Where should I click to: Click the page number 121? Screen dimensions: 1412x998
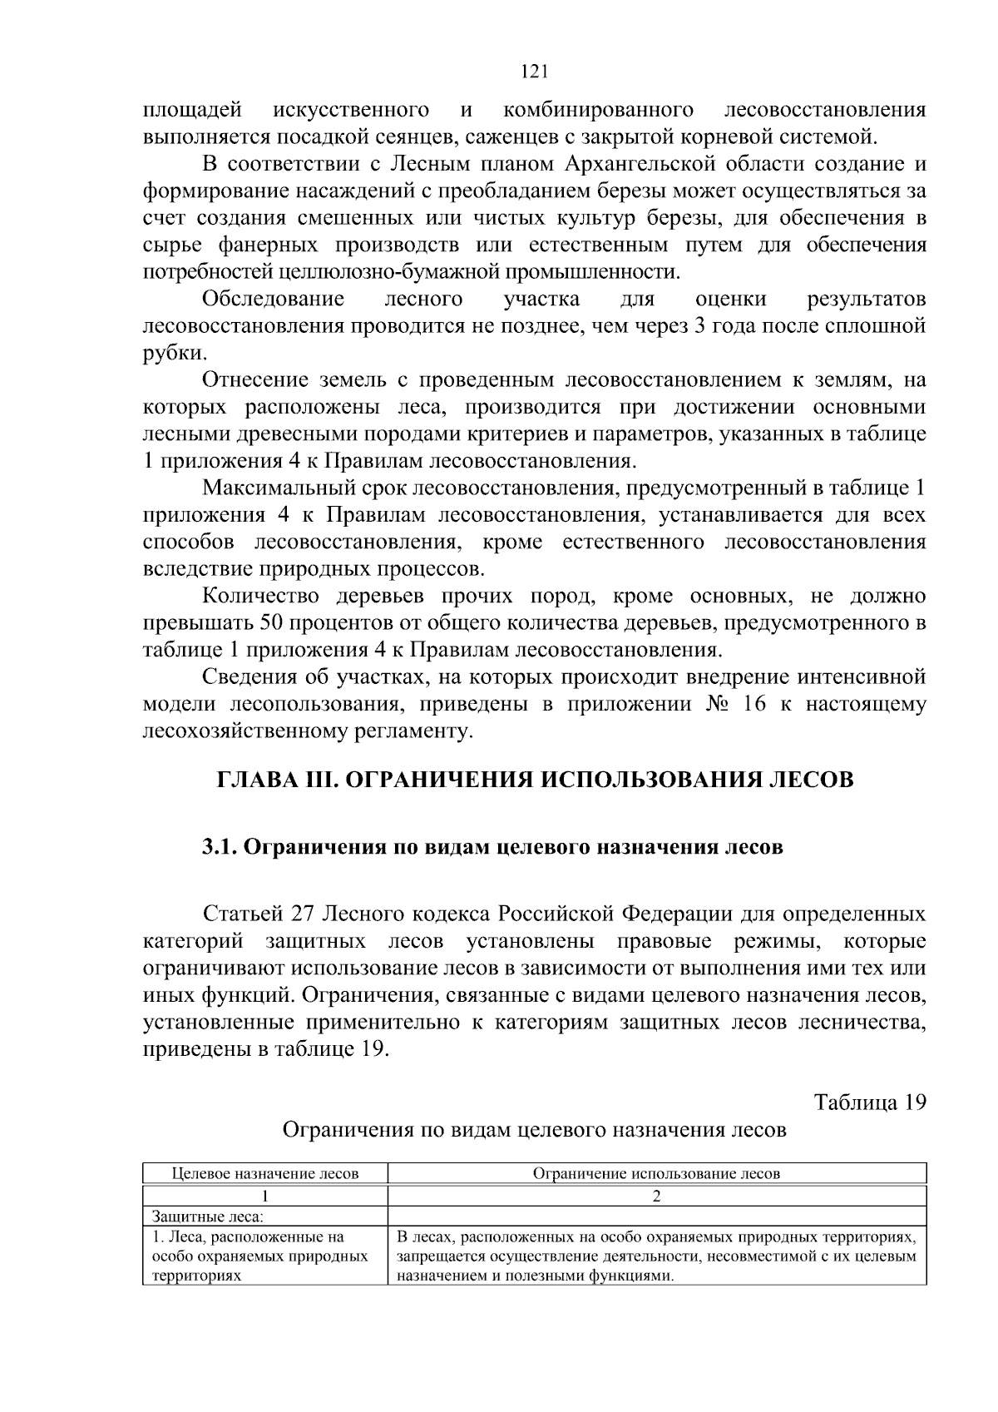pos(533,72)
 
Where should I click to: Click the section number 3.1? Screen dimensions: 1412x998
pos(220,848)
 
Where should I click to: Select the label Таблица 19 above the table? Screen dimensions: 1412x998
pos(869,1102)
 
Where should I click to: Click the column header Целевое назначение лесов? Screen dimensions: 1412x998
pos(265,1174)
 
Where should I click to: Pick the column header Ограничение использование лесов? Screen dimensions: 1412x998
pos(656,1174)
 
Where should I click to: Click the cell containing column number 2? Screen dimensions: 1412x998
pos(656,1196)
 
